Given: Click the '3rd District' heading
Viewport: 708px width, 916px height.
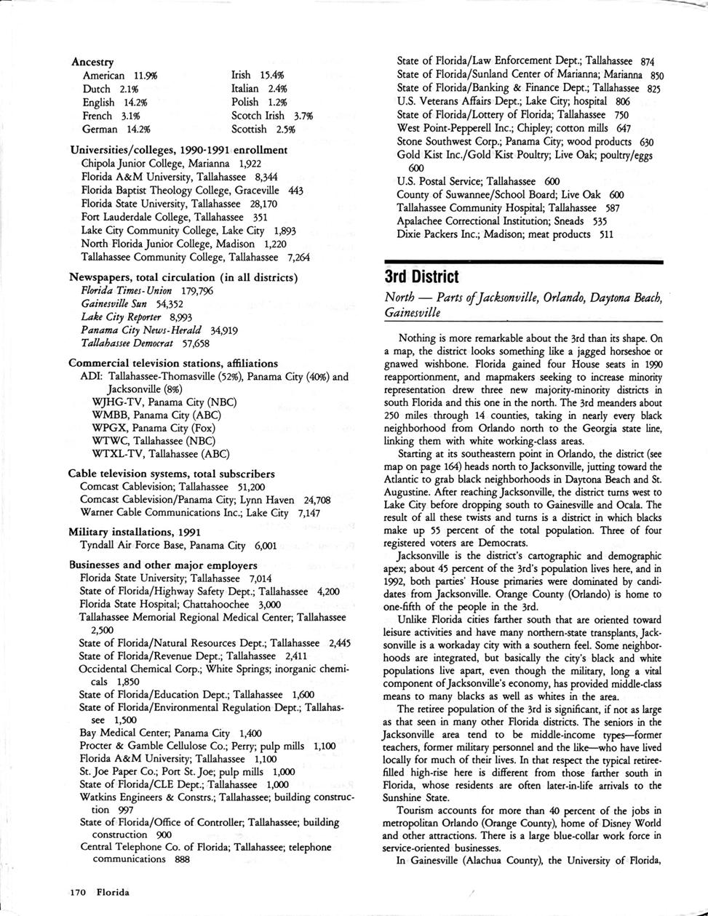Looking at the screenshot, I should tap(421, 277).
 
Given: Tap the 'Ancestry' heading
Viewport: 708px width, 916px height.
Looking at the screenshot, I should tap(92, 63).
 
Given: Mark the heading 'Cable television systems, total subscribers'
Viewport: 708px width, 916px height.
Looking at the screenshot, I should tap(172, 474).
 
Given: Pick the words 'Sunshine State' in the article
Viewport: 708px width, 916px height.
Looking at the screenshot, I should tap(416, 798).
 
